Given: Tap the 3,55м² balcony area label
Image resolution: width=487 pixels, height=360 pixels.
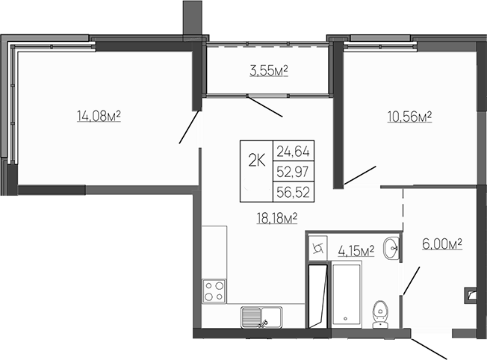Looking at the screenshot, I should pos(268,72).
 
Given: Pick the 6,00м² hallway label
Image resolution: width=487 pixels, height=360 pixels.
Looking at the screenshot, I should pos(441,243).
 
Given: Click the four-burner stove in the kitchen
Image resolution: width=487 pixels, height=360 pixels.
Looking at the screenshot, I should pos(214,291).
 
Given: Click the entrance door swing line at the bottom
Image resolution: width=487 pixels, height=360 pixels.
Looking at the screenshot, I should pos(430,347).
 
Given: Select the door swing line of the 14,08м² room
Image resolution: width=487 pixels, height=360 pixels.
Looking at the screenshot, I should pos(189,127).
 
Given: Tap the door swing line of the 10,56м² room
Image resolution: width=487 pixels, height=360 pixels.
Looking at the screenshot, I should pos(359,176).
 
